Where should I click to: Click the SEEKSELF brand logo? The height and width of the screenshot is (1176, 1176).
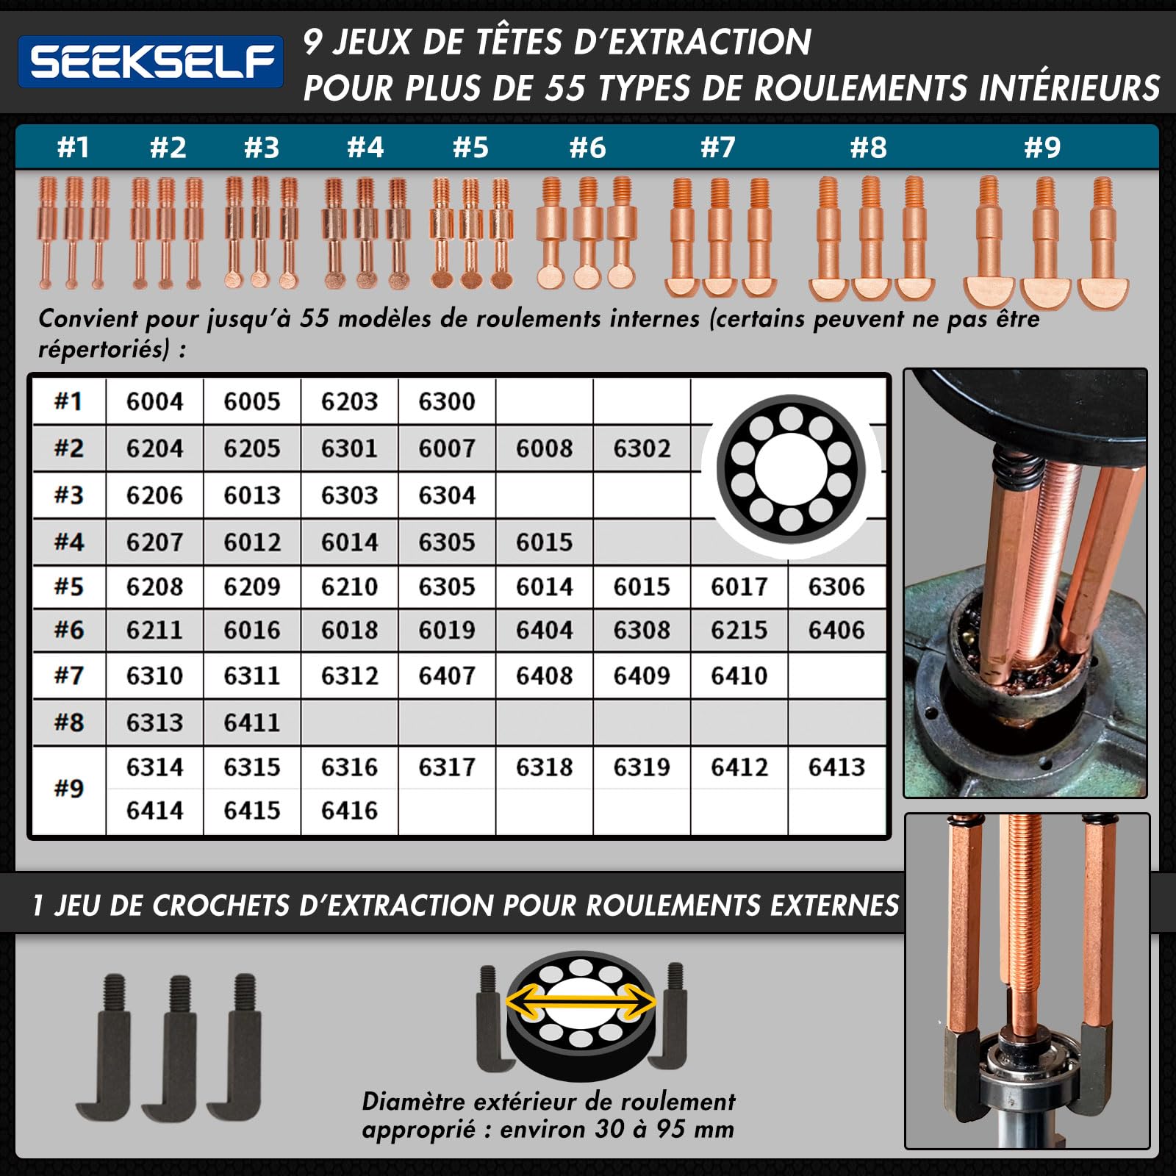(x=151, y=62)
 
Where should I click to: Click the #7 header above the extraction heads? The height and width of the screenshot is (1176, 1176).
(x=717, y=147)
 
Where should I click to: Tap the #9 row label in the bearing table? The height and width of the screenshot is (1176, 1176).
(x=68, y=789)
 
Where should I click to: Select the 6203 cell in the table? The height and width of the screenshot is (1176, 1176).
(x=349, y=401)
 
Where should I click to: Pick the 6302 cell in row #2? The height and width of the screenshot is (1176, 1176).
(x=642, y=448)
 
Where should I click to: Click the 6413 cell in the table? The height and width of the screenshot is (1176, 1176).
(x=836, y=767)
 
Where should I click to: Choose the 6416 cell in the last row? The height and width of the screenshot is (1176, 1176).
(x=349, y=811)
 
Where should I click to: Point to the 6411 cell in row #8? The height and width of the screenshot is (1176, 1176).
(x=252, y=723)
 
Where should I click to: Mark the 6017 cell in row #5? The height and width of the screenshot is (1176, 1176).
(x=739, y=587)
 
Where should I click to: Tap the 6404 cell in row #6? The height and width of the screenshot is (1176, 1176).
(x=544, y=630)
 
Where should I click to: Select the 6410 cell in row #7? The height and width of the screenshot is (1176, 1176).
(x=739, y=675)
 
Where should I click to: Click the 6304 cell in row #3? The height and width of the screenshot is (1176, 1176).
(x=447, y=495)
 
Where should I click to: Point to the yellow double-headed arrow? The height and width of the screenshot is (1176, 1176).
(x=581, y=1003)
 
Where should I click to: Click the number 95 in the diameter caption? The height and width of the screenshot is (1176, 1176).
(x=672, y=1129)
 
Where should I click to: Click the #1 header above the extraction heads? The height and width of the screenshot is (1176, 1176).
(x=73, y=147)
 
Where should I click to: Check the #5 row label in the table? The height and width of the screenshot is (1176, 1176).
(x=68, y=587)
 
